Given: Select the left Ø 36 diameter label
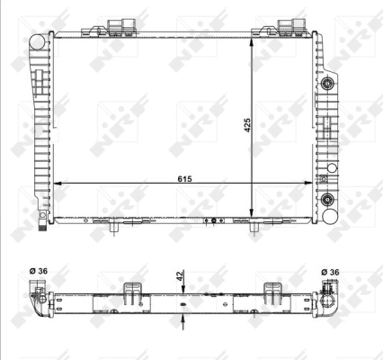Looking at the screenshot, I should (x=40, y=273).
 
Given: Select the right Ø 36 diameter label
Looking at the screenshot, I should (x=332, y=273).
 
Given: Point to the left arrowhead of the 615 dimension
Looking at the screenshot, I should (x=57, y=183).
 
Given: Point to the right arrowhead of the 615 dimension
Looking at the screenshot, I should (x=313, y=183).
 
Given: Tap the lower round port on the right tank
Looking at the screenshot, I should (x=328, y=199).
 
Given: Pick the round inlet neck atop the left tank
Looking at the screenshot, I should (x=37, y=41).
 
